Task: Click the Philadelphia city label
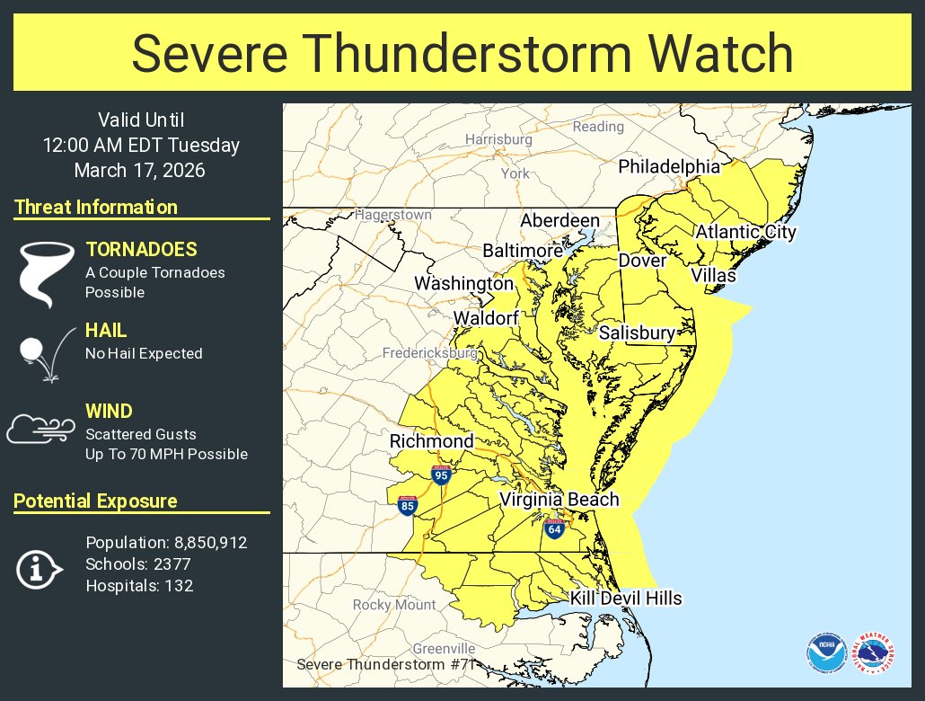(669, 167)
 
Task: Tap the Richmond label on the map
(431, 441)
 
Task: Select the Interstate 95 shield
(440, 475)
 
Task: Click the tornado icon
(42, 272)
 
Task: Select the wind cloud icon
(40, 429)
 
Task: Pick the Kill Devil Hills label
(626, 599)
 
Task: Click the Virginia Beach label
(559, 500)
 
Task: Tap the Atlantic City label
(745, 232)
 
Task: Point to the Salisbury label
(637, 333)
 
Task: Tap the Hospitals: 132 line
(139, 586)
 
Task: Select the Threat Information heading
(96, 207)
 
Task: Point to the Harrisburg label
(498, 139)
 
